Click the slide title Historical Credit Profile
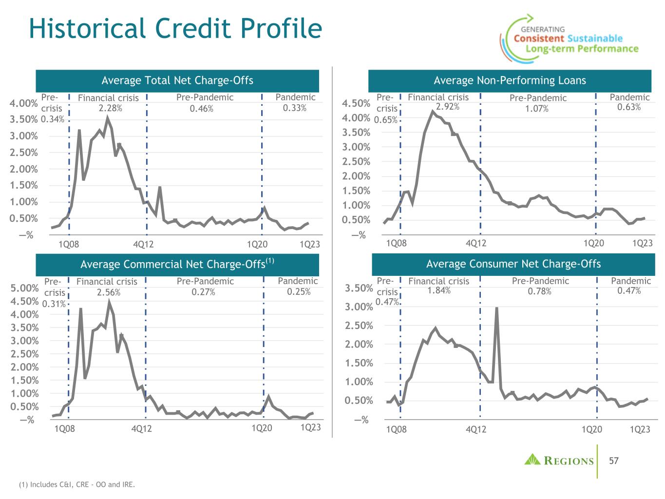click(175, 28)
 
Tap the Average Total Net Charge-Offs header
click(177, 80)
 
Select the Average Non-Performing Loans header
click(510, 80)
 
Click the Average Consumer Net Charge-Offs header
click(513, 264)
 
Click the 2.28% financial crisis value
click(108, 108)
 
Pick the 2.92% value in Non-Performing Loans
click(447, 107)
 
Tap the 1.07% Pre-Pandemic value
click(536, 109)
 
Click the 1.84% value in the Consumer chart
click(438, 291)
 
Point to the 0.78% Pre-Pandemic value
click(539, 291)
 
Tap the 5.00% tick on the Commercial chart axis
click(24, 288)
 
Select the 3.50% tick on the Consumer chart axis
click(359, 288)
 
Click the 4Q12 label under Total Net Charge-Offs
click(143, 244)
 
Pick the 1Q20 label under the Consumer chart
click(592, 429)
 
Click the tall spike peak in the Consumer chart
click(496, 308)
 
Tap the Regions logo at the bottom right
click(559, 461)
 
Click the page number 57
click(614, 461)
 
